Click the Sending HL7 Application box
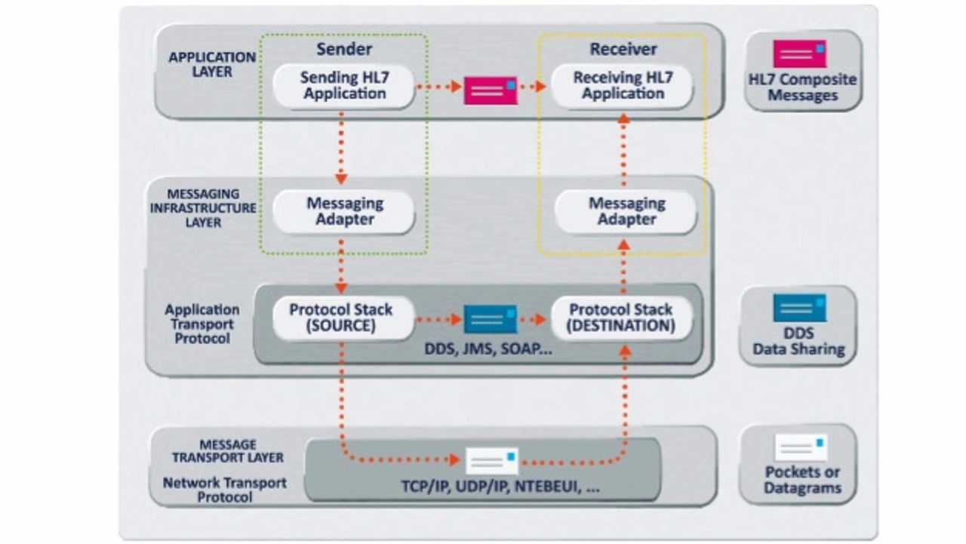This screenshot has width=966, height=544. pyautogui.click(x=343, y=86)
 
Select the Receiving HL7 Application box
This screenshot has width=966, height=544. pyautogui.click(x=623, y=86)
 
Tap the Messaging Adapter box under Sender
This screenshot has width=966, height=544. pyautogui.click(x=344, y=212)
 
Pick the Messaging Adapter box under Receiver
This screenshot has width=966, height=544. pyautogui.click(x=626, y=212)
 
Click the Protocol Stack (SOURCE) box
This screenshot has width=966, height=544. pyautogui.click(x=341, y=318)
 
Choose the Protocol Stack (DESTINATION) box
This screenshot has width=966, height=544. pyautogui.click(x=622, y=318)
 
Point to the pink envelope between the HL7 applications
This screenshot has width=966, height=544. pyautogui.click(x=491, y=91)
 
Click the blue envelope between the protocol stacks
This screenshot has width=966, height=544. pyautogui.click(x=491, y=318)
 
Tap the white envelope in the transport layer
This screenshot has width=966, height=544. pyautogui.click(x=492, y=460)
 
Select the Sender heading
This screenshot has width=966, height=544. pyautogui.click(x=344, y=50)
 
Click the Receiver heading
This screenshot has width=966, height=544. pyautogui.click(x=623, y=50)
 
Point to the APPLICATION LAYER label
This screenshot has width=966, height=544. pyautogui.click(x=201, y=65)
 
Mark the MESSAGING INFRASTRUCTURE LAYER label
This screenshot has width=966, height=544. pyautogui.click(x=203, y=208)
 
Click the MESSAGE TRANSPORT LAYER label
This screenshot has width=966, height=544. pyautogui.click(x=228, y=451)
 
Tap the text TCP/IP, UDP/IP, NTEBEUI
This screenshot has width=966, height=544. pyautogui.click(x=500, y=487)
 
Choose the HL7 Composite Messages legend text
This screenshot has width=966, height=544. pyautogui.click(x=802, y=88)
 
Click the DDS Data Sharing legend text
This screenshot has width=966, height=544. pyautogui.click(x=798, y=341)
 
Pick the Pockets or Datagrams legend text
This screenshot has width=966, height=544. pyautogui.click(x=802, y=480)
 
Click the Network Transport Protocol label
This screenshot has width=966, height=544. pyautogui.click(x=225, y=490)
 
